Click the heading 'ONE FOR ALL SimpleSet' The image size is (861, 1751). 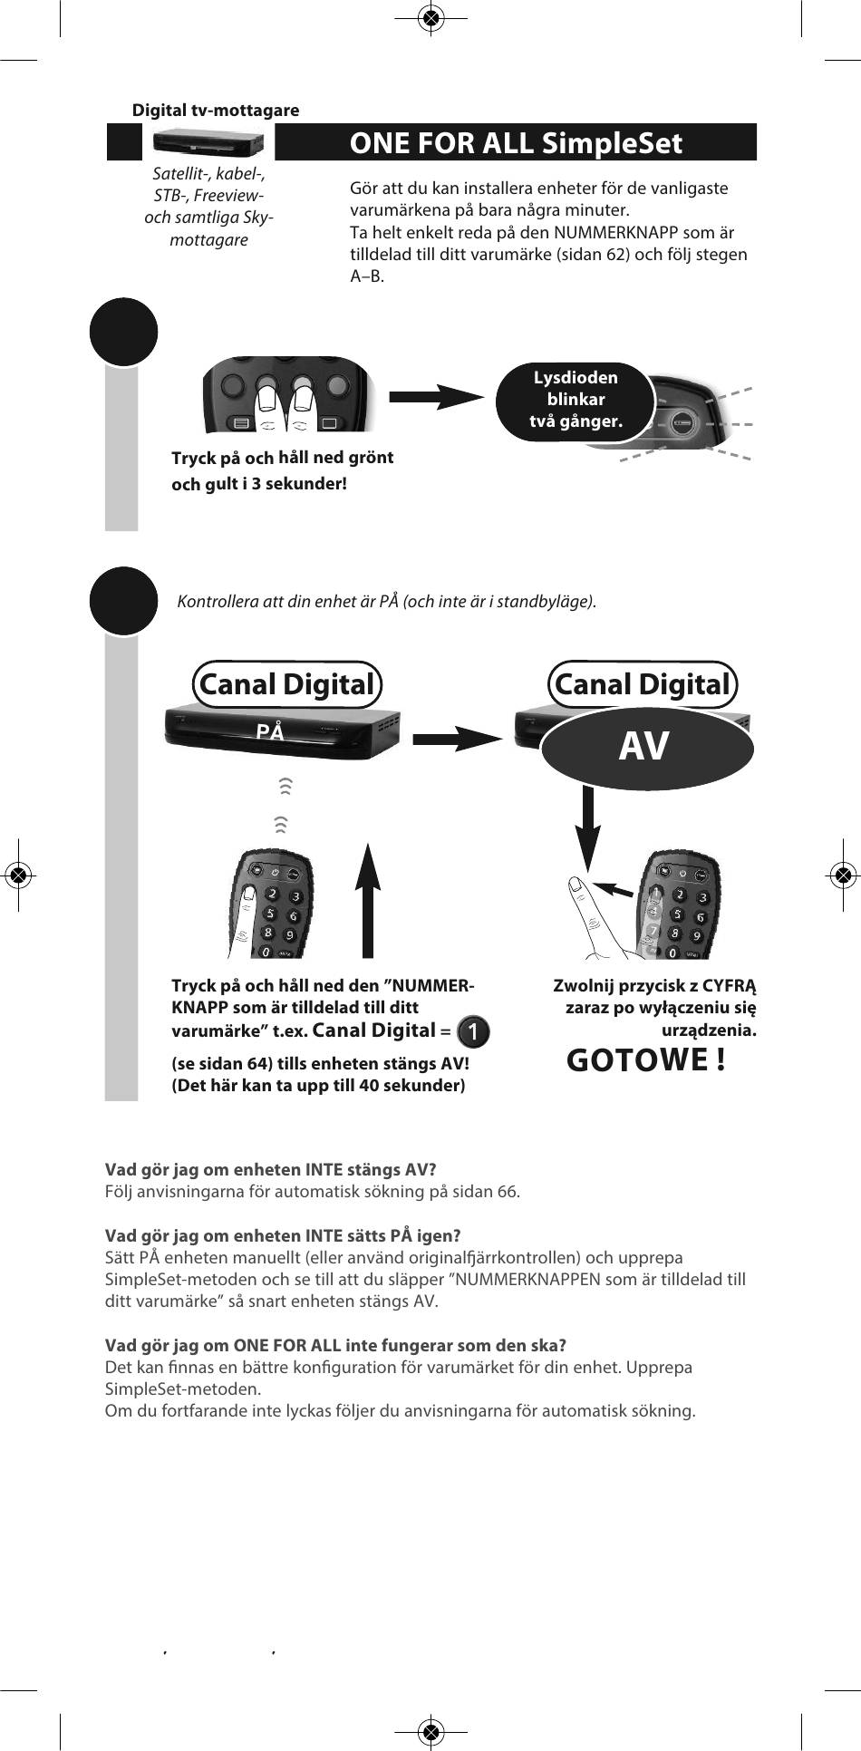(x=515, y=143)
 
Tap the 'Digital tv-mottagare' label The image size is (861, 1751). (x=216, y=111)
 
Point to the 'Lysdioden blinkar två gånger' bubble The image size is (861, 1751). (x=576, y=400)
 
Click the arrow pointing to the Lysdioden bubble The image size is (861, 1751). (x=436, y=396)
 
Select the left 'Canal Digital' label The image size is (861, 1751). (x=286, y=684)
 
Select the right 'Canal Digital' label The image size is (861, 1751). (x=643, y=684)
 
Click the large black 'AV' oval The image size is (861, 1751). (x=645, y=747)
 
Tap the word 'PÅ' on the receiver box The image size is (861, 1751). (x=270, y=731)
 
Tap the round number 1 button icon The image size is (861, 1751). (x=474, y=1031)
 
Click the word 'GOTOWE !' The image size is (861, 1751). (x=645, y=1059)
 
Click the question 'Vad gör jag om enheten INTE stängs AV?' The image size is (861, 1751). (x=271, y=1169)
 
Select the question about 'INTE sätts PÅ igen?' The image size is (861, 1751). (x=283, y=1235)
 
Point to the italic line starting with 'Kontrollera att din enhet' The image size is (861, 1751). (x=387, y=602)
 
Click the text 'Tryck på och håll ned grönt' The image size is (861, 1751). (x=282, y=458)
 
